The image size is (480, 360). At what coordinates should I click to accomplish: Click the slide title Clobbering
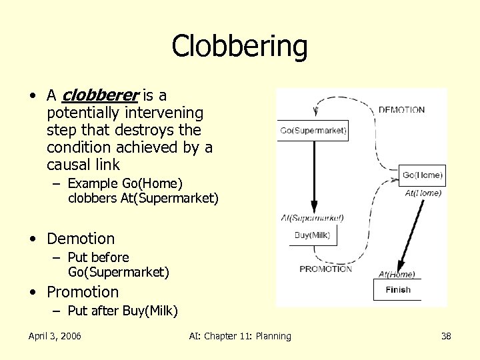(239, 47)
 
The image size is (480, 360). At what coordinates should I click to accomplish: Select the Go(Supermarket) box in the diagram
(313, 131)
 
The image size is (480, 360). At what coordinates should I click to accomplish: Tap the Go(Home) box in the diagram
(422, 175)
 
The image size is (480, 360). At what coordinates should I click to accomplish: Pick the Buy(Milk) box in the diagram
(312, 235)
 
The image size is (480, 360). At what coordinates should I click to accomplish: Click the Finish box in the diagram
(398, 290)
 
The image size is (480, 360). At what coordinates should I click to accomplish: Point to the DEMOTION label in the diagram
(401, 110)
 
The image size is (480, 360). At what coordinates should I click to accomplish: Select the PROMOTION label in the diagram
(325, 269)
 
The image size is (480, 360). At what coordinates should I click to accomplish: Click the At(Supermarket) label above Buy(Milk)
(312, 218)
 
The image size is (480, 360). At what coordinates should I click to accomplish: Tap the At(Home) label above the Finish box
(397, 274)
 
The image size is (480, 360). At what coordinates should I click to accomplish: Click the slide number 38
(446, 336)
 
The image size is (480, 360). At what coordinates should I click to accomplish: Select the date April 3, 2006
(55, 336)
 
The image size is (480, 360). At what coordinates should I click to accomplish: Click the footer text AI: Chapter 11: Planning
(240, 336)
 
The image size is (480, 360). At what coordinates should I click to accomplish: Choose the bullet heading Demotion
(81, 239)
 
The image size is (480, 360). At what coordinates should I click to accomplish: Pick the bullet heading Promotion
(83, 292)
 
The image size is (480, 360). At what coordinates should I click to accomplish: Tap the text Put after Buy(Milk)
(123, 311)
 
